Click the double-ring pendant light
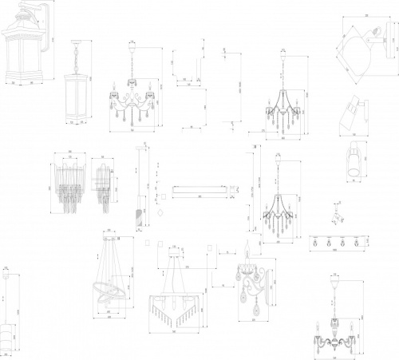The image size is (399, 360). click(x=109, y=280)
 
